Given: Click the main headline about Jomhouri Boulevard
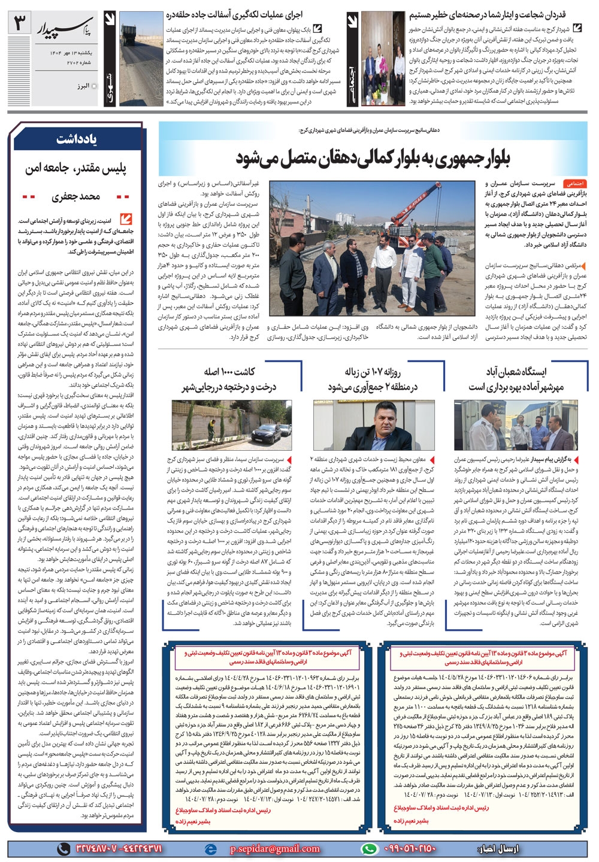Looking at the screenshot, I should pos(372,159).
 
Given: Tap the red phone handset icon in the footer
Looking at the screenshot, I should pos(62,848).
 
